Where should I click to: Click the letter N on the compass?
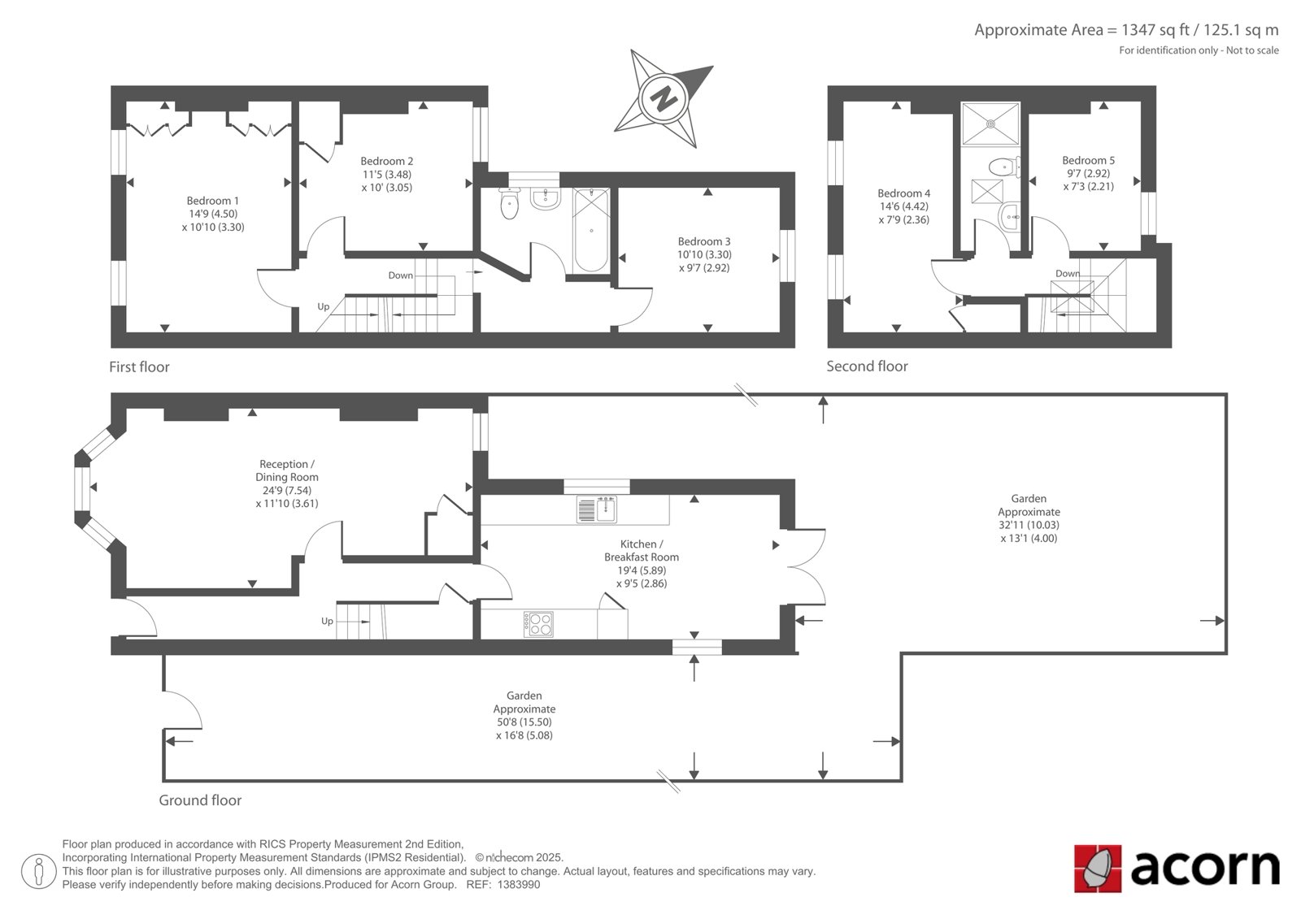click(x=664, y=98)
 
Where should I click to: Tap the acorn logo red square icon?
click(x=1097, y=869)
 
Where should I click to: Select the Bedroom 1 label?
click(x=212, y=201)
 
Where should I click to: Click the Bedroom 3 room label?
click(x=704, y=241)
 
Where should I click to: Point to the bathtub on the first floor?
click(x=591, y=230)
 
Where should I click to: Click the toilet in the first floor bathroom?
click(x=509, y=202)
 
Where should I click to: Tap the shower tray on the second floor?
click(x=990, y=124)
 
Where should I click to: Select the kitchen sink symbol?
click(x=597, y=509)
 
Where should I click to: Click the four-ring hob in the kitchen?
click(x=538, y=624)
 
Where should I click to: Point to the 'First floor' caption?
click(x=139, y=367)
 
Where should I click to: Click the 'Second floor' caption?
click(x=867, y=366)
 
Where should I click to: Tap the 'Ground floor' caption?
click(x=200, y=800)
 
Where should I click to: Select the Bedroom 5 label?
click(x=1089, y=160)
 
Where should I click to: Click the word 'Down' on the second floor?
click(x=1068, y=274)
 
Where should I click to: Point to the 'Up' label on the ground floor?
click(x=327, y=621)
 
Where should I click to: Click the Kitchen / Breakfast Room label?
click(x=642, y=550)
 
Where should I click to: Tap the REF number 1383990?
click(x=519, y=885)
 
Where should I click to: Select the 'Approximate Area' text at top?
click(x=1039, y=30)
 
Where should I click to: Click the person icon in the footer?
click(x=39, y=871)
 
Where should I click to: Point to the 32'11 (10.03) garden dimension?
click(x=1029, y=525)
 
